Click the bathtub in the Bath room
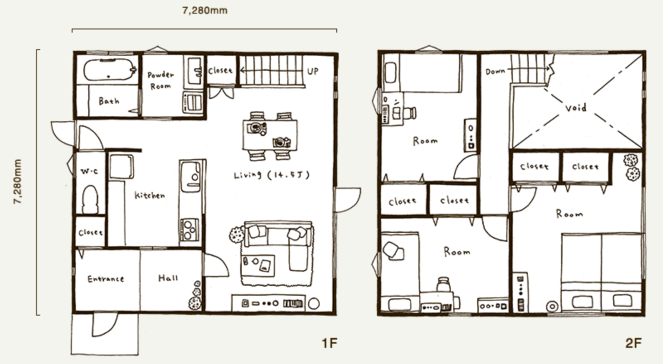(x=110, y=69)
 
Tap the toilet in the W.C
(x=90, y=200)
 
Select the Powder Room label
(x=160, y=81)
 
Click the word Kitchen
(x=150, y=195)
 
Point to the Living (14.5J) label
(x=272, y=175)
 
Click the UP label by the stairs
(x=313, y=72)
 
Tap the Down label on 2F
(x=495, y=72)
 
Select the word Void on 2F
(x=576, y=108)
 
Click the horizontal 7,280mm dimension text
(x=205, y=10)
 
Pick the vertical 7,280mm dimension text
(x=18, y=181)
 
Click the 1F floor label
(x=329, y=343)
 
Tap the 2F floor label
(x=633, y=343)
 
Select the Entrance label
(x=106, y=279)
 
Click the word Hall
(x=168, y=278)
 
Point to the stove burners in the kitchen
(x=189, y=229)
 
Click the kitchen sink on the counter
(x=191, y=176)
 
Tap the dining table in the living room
(x=270, y=135)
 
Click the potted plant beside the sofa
(x=237, y=234)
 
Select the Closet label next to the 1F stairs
(x=220, y=71)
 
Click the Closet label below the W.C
(x=91, y=233)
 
